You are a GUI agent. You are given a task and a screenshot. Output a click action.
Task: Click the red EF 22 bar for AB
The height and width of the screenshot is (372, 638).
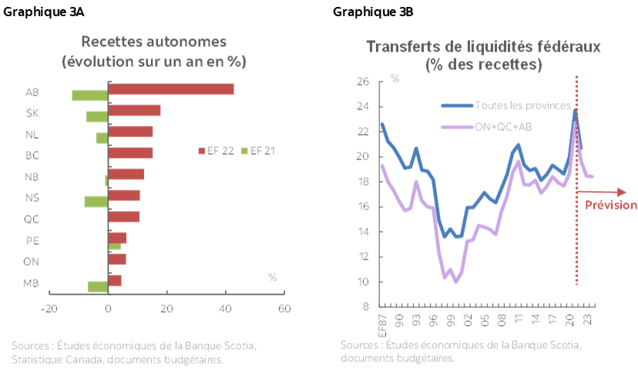pyautogui.click(x=171, y=89)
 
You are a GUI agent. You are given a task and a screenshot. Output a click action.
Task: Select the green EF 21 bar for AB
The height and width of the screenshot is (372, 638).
pyautogui.click(x=89, y=96)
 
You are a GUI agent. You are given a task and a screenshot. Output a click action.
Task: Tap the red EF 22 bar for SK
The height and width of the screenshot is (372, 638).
pyautogui.click(x=135, y=110)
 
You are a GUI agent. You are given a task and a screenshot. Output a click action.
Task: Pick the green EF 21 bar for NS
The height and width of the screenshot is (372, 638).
pyautogui.click(x=96, y=202)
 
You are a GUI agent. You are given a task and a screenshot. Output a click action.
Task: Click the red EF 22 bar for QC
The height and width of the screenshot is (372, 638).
pyautogui.click(x=124, y=216)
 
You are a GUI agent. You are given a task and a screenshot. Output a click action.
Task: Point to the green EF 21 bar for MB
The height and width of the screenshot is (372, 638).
pyautogui.click(x=97, y=287)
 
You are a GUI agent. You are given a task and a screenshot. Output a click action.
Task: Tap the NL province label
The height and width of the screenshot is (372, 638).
pyautogui.click(x=32, y=135)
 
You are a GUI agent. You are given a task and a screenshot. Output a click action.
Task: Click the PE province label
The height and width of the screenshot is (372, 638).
pyautogui.click(x=32, y=240)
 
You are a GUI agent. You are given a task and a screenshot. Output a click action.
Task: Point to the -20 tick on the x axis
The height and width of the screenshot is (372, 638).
pyautogui.click(x=49, y=310)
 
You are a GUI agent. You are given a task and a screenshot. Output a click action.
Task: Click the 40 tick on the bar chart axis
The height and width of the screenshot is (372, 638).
pyautogui.click(x=225, y=310)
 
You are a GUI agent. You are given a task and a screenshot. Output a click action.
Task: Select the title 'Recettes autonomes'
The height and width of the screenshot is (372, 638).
pyautogui.click(x=154, y=41)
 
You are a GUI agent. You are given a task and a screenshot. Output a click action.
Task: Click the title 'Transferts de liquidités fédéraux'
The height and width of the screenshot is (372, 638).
pyautogui.click(x=483, y=47)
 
